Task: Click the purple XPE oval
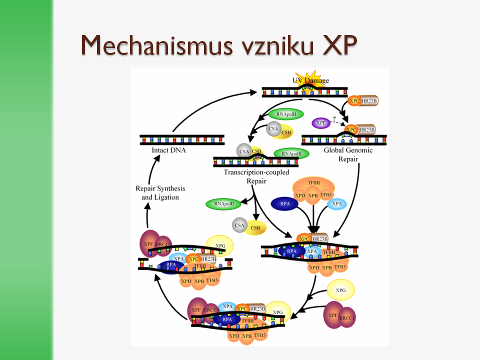[321, 123]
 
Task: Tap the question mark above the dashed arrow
[334, 118]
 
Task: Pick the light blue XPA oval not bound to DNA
[337, 204]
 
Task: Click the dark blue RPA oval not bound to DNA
[285, 204]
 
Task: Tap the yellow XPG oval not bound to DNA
[340, 290]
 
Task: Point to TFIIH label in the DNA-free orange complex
[313, 183]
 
